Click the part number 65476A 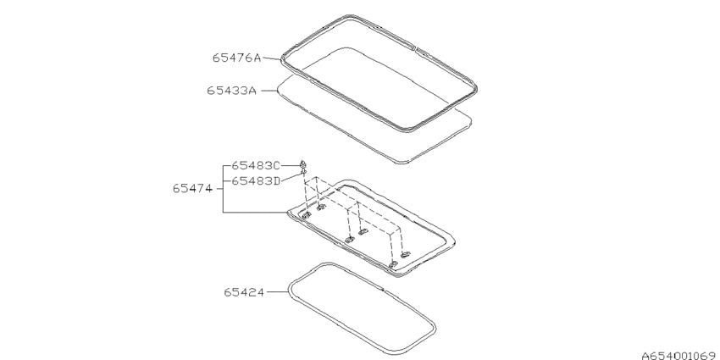click(236, 58)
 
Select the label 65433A click(231, 91)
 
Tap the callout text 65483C click(255, 165)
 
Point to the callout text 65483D click(255, 181)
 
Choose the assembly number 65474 click(192, 189)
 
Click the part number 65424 click(244, 292)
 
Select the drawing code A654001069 click(680, 356)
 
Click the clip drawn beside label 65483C click(302, 164)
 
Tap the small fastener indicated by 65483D click(302, 172)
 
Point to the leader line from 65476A click(271, 58)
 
